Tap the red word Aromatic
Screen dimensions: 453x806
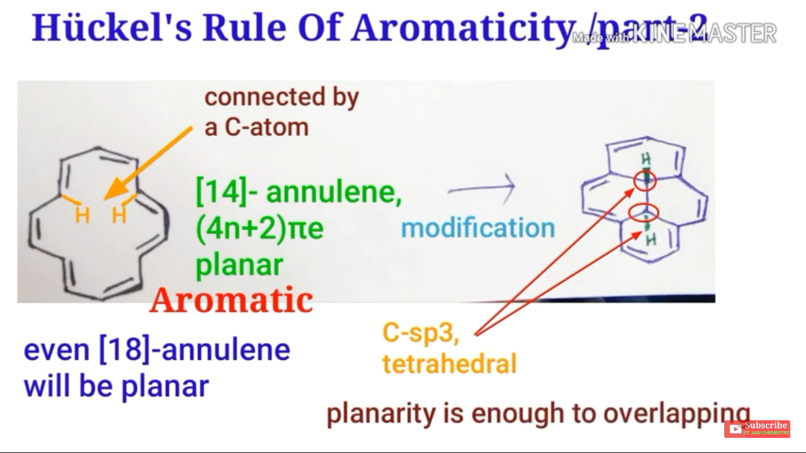(x=231, y=301)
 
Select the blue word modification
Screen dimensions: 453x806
(x=478, y=228)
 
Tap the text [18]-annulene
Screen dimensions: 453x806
(x=195, y=350)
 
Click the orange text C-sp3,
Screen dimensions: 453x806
(x=421, y=333)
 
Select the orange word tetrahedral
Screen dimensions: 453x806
(x=449, y=364)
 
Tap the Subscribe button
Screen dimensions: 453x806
(x=757, y=428)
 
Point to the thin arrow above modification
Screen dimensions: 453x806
(x=482, y=187)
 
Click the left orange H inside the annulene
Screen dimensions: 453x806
(x=82, y=215)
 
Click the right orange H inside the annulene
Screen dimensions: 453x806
(x=119, y=215)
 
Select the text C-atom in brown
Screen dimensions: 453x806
(x=256, y=127)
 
